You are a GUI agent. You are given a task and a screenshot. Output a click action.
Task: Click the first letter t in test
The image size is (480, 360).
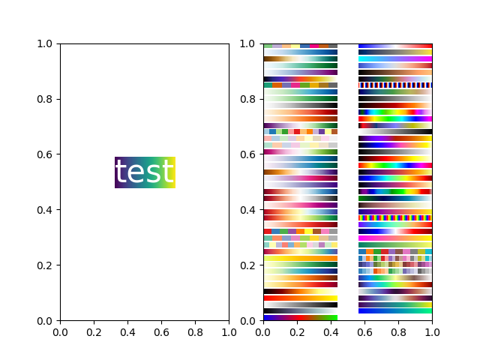point(120,172)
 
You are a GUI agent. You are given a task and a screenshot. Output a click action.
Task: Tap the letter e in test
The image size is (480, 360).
point(134,174)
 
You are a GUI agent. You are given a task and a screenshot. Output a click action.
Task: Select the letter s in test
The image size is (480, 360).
point(151,174)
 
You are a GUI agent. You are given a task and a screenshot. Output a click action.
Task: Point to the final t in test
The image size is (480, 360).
point(166,172)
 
